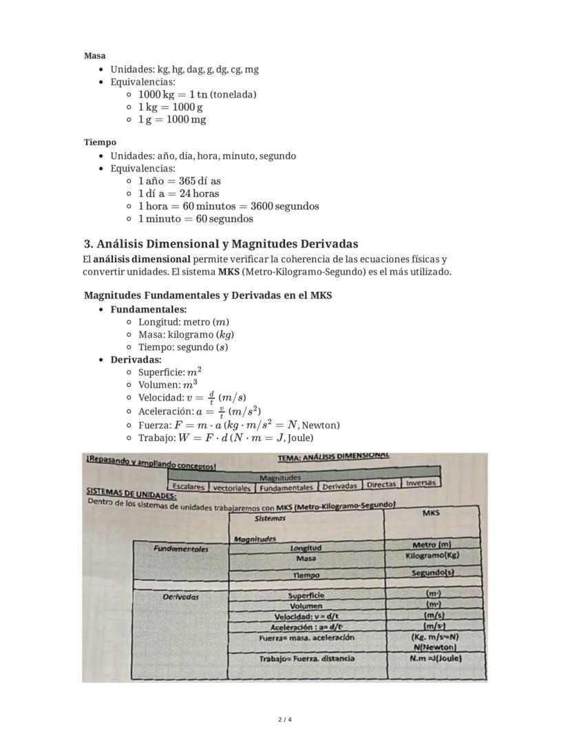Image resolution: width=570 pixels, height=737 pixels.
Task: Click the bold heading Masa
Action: point(94,56)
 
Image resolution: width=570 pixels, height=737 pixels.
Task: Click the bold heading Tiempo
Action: point(100,142)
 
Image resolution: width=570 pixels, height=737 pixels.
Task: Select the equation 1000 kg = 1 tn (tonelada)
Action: point(197,94)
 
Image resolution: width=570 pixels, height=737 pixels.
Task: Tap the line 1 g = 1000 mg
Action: point(171,119)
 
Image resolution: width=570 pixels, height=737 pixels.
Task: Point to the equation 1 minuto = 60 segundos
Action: point(195,219)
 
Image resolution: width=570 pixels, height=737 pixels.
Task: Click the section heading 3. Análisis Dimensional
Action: point(220,244)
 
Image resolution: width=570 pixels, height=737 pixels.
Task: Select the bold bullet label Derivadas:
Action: point(136,359)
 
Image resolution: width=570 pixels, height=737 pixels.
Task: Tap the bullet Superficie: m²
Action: point(169,372)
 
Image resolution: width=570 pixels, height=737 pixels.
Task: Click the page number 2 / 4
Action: point(285,720)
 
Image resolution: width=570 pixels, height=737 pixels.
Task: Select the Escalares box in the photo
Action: point(188,487)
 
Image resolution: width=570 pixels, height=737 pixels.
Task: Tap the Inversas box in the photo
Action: point(421,483)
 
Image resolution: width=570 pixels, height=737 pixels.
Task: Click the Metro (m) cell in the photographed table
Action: point(432,545)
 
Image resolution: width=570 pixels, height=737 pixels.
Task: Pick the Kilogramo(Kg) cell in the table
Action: point(432,555)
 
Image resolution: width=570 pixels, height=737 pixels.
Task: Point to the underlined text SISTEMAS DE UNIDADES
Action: point(131,494)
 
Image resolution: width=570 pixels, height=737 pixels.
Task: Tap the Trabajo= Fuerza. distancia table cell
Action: point(306,659)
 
